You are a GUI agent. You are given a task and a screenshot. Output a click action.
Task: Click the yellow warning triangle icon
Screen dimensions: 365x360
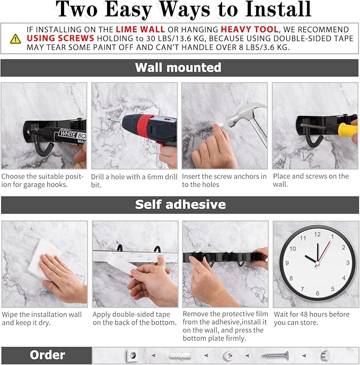coord(16,39)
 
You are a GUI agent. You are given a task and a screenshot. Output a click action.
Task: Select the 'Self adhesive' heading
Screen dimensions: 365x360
coord(180,204)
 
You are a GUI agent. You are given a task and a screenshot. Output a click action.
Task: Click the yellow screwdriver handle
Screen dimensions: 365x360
coord(347,130)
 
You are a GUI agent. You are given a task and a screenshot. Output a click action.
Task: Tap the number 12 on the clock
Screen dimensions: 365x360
coord(318,234)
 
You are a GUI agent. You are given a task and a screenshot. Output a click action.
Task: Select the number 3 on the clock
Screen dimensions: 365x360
coord(347,263)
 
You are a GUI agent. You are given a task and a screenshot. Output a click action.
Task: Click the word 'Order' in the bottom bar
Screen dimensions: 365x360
coord(47,355)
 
